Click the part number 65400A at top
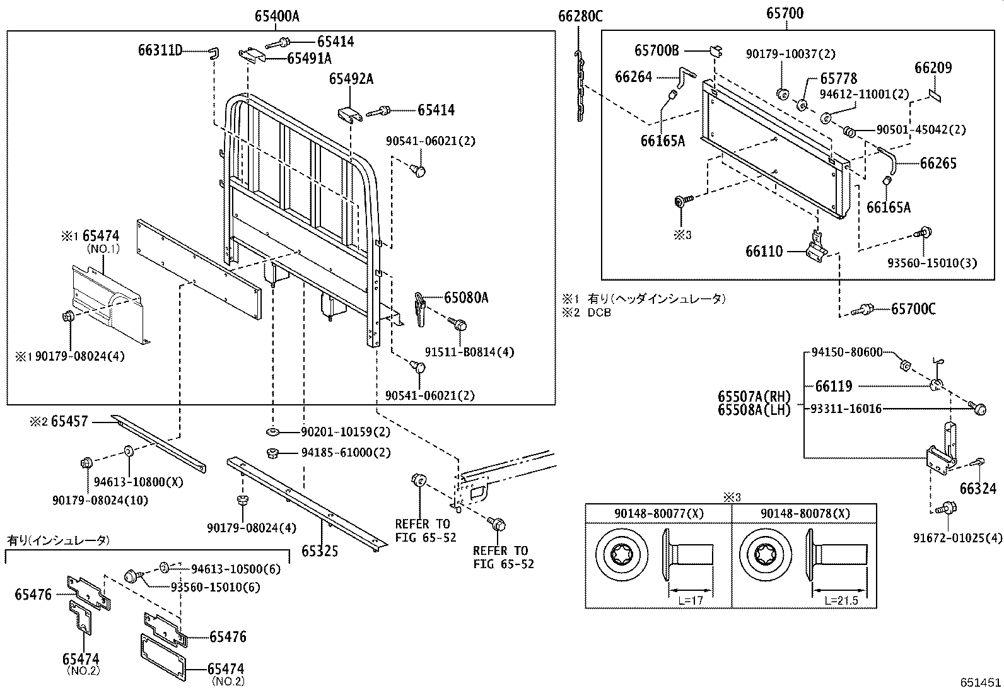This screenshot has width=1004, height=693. (x=277, y=17)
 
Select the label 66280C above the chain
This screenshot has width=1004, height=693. (x=580, y=17)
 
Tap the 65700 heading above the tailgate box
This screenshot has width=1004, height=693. (x=785, y=13)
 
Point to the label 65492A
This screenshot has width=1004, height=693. (x=351, y=79)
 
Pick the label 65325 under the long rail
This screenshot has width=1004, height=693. (x=319, y=552)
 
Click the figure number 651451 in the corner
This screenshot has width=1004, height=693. (x=981, y=682)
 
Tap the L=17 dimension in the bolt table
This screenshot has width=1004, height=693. (x=691, y=601)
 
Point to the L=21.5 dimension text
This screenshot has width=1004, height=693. (x=841, y=601)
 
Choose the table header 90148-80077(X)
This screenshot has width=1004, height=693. (x=658, y=514)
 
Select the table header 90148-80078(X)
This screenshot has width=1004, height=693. (x=805, y=514)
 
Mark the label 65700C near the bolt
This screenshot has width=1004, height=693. (x=913, y=309)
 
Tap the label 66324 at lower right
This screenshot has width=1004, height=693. (x=978, y=489)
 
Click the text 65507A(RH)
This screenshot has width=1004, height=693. (x=754, y=397)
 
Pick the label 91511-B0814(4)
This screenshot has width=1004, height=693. (x=469, y=352)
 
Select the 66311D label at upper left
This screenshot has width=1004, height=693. (x=160, y=50)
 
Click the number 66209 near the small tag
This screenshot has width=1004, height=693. (x=933, y=68)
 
